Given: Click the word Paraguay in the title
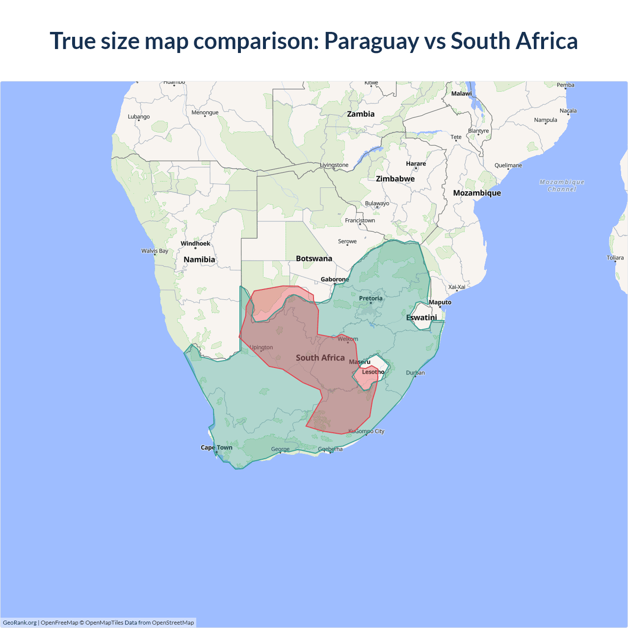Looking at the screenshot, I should click(x=370, y=41).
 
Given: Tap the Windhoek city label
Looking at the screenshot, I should click(x=195, y=243).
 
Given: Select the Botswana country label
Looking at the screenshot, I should click(x=314, y=259).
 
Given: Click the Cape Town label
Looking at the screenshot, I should click(x=216, y=447).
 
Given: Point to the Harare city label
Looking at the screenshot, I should click(x=416, y=164).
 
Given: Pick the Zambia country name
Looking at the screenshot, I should click(x=361, y=114).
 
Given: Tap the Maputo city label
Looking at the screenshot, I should click(x=440, y=302).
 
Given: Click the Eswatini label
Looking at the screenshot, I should click(x=421, y=317).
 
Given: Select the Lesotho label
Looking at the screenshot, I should click(x=373, y=372).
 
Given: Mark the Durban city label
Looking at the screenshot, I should click(x=416, y=373).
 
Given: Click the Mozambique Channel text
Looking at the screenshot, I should click(x=562, y=185).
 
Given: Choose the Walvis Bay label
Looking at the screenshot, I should click(x=155, y=251).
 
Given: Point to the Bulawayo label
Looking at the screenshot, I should click(x=377, y=203).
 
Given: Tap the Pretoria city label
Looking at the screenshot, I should click(x=370, y=298).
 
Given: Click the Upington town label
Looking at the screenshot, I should click(x=261, y=347).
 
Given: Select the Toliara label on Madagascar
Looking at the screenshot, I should click(x=615, y=258).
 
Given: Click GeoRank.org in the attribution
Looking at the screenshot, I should click(x=20, y=623).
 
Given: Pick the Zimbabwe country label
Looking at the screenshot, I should click(x=395, y=179).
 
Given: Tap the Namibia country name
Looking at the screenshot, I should click(x=199, y=260).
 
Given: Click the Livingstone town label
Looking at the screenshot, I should click(x=334, y=165).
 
